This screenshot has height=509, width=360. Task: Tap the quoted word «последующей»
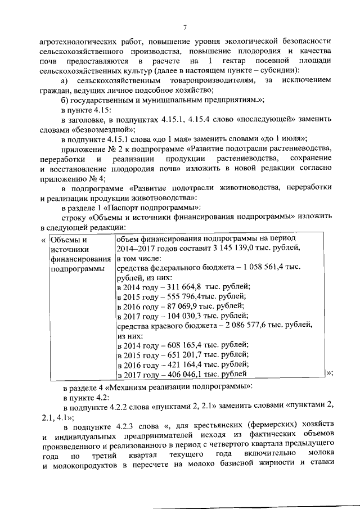point(251,120)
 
